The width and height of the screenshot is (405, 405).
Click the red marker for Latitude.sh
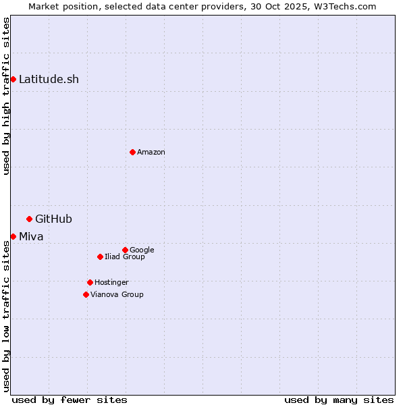13,79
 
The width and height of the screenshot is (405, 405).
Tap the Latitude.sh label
49,79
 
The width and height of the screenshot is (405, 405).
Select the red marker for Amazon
132,152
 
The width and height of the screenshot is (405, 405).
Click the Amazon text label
151,153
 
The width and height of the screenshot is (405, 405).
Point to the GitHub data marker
29,219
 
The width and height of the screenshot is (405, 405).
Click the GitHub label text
53,219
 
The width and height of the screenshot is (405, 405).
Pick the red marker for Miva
13,236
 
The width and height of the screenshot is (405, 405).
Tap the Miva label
31,236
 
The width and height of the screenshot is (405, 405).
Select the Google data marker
125,250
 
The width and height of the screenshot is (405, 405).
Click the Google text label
142,250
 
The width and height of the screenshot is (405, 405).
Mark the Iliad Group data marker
100,256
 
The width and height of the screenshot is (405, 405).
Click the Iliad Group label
125,257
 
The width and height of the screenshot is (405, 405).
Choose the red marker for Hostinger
90,282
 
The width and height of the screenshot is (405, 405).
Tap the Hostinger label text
111,283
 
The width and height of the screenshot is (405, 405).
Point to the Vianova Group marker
86,294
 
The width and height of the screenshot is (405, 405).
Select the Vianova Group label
117,295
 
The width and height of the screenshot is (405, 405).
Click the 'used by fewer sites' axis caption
70,400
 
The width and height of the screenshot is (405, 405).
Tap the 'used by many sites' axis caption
339,400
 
